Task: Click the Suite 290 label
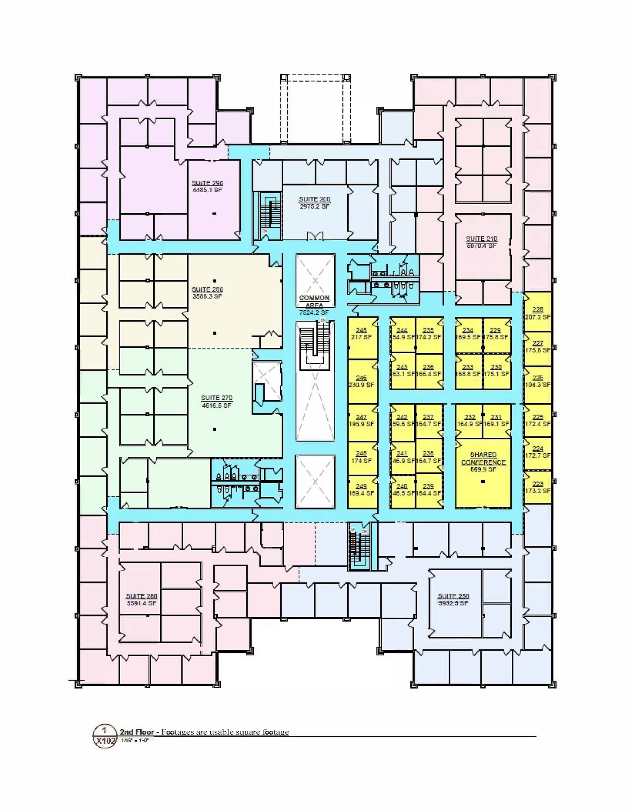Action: (x=207, y=183)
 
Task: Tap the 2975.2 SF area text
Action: (x=314, y=207)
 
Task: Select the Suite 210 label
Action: (x=482, y=239)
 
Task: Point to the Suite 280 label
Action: (x=207, y=289)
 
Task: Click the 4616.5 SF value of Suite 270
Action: (x=216, y=406)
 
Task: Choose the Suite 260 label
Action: (x=141, y=596)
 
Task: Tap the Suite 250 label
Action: (x=453, y=596)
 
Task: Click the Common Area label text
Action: (x=314, y=301)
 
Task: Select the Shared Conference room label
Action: (x=483, y=458)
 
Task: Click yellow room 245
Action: (x=361, y=333)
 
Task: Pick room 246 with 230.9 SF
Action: (x=361, y=381)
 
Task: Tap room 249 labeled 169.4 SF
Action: (x=361, y=490)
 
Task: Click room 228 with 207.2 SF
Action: (x=538, y=313)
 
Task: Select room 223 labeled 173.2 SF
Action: (x=538, y=487)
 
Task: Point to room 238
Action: (x=428, y=457)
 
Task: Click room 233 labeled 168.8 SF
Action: (x=468, y=370)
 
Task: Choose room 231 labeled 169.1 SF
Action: (x=496, y=420)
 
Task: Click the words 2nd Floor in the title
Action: (x=137, y=732)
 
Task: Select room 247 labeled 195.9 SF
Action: (x=361, y=420)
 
